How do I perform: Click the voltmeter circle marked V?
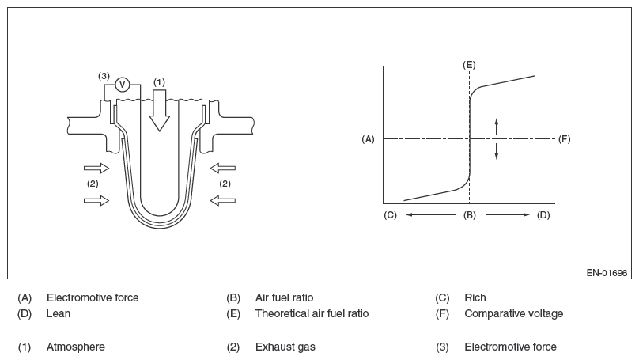[122, 85]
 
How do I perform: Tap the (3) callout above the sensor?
[104, 76]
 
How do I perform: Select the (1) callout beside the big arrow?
[160, 81]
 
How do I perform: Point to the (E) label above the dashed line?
[469, 63]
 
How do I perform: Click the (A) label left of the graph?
[368, 139]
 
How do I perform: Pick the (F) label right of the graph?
[564, 139]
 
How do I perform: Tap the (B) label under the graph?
[469, 215]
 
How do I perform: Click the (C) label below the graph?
[390, 215]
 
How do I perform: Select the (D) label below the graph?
[543, 215]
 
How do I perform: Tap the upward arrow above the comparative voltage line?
[497, 125]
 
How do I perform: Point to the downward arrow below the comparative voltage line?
[497, 152]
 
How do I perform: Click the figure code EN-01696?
[607, 273]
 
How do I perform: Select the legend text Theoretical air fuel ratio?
[312, 313]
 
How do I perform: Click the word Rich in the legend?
[475, 298]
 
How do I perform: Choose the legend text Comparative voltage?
[513, 313]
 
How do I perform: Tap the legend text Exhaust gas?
[285, 347]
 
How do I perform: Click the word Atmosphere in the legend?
[76, 347]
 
